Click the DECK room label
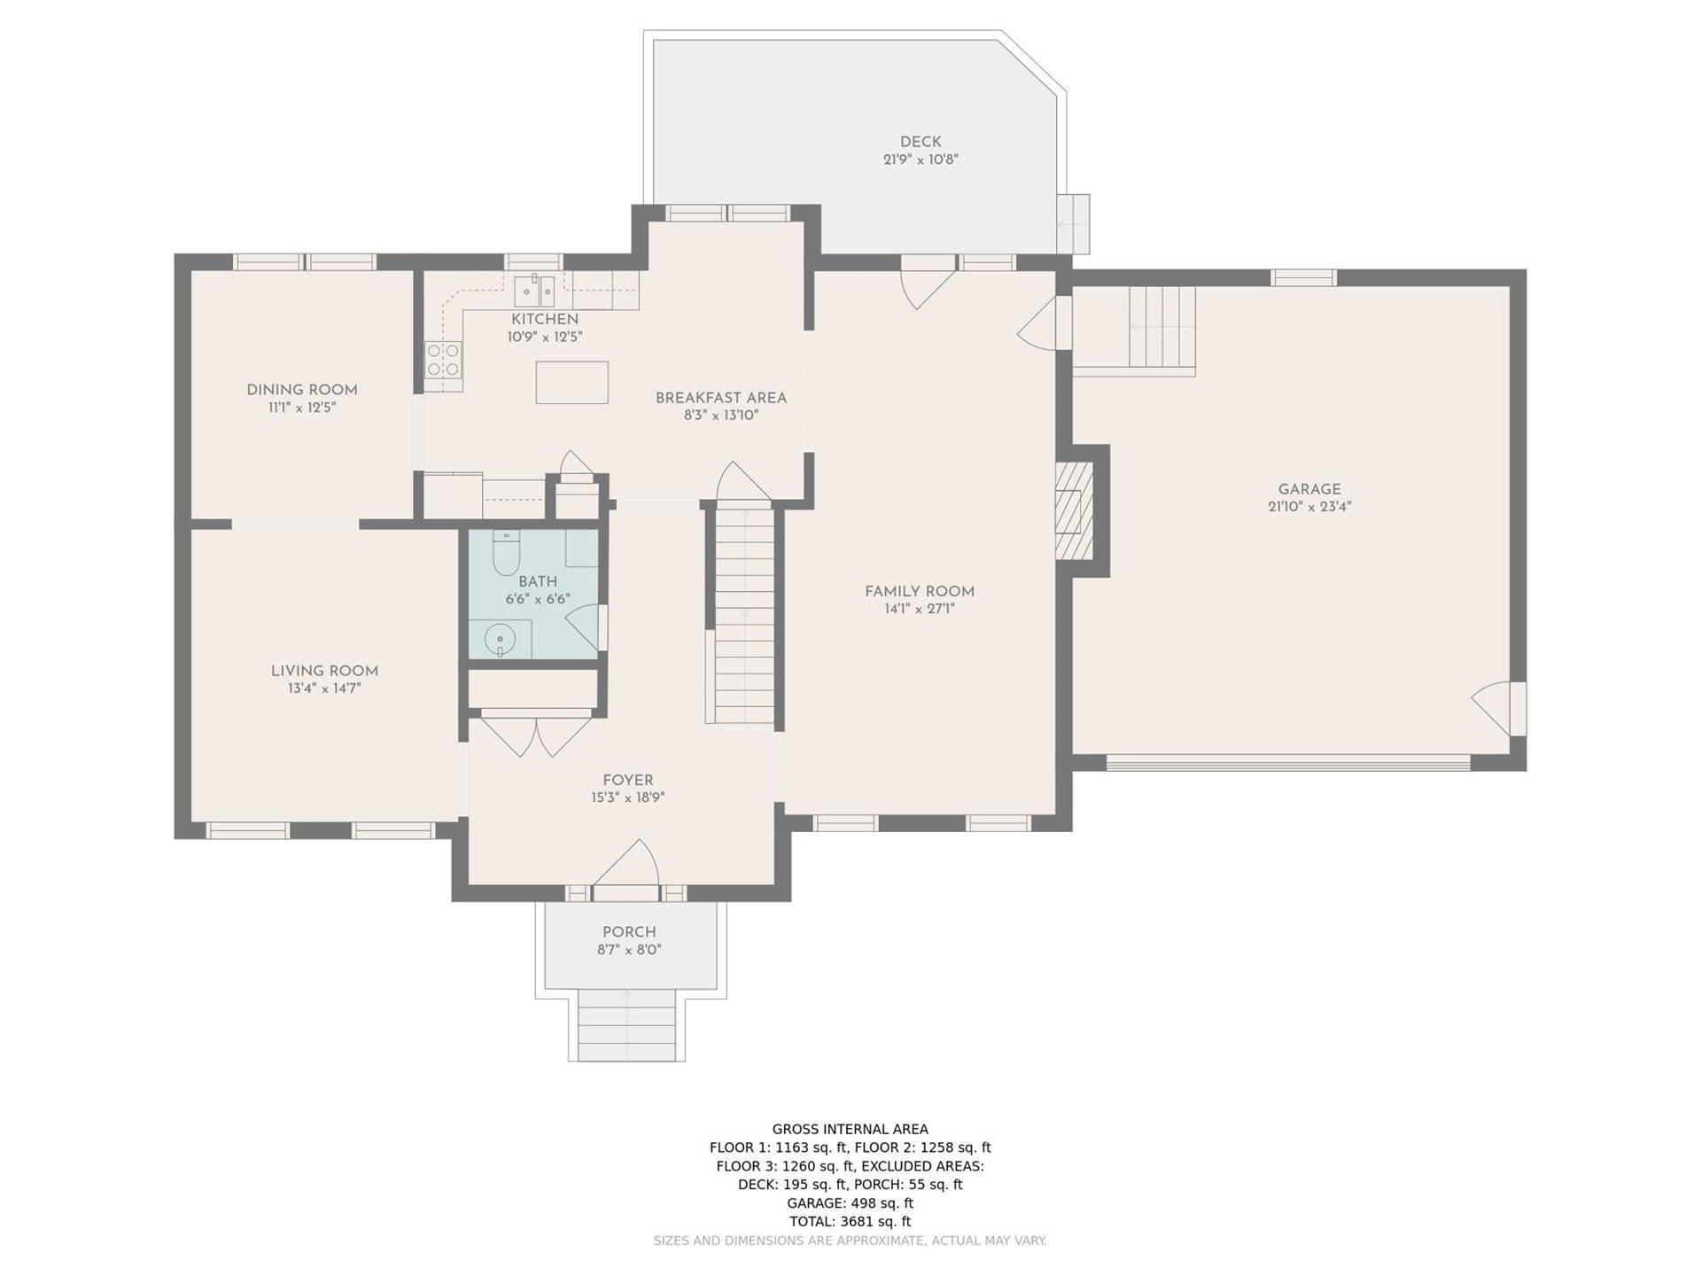point(920,142)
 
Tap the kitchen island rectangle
point(571,382)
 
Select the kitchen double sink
point(535,291)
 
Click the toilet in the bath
point(506,553)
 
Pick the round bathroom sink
point(501,639)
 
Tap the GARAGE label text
point(1309,489)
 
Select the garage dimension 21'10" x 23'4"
point(1309,507)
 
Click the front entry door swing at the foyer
point(626,862)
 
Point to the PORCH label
point(629,932)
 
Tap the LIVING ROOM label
point(324,671)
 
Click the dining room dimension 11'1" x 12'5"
point(302,408)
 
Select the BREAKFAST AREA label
point(720,398)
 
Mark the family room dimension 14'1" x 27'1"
point(920,609)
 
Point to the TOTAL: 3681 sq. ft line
point(850,1221)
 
